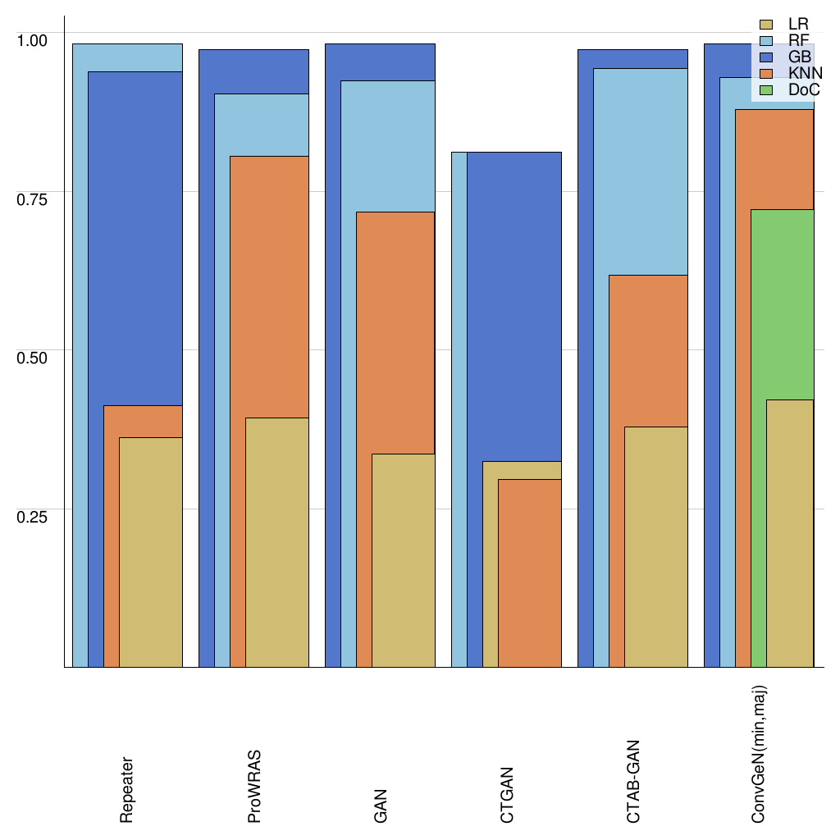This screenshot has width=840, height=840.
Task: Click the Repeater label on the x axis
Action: click(x=126, y=789)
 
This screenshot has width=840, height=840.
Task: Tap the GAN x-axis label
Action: click(x=381, y=806)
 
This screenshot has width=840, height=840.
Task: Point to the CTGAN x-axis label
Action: click(x=507, y=795)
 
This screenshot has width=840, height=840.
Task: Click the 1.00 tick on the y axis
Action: click(x=33, y=39)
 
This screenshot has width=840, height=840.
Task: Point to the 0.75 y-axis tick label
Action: click(x=33, y=198)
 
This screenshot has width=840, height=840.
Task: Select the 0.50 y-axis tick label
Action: click(x=33, y=357)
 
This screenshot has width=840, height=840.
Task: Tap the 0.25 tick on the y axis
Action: click(x=33, y=516)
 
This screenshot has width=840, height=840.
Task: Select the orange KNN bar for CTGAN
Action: click(x=529, y=574)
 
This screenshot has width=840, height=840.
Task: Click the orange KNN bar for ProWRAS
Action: click(x=269, y=287)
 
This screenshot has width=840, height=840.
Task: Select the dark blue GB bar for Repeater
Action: click(x=135, y=238)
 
